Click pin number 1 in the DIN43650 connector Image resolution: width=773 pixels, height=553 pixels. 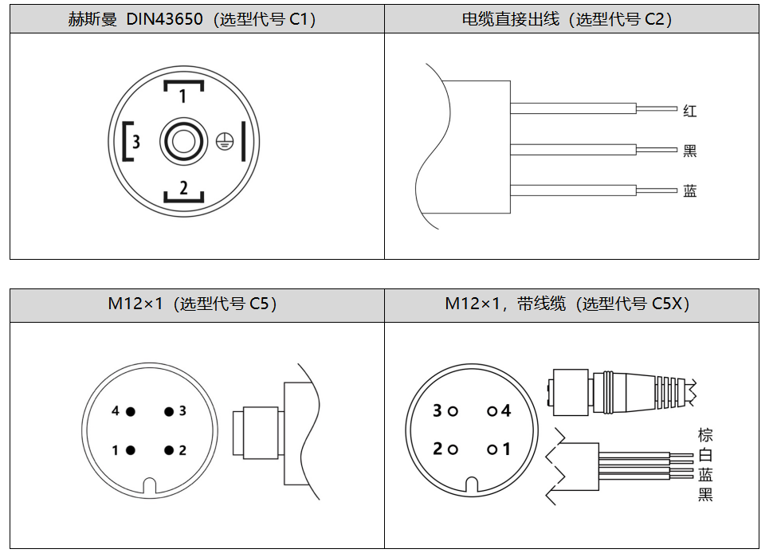pyautogui.click(x=182, y=96)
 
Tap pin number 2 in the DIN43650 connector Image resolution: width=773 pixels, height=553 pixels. pyautogui.click(x=183, y=188)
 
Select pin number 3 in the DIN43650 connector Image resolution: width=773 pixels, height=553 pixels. pyautogui.click(x=136, y=142)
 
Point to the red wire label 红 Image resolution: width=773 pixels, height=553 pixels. pyautogui.click(x=689, y=111)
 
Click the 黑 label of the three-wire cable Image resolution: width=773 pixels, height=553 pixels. pyautogui.click(x=689, y=151)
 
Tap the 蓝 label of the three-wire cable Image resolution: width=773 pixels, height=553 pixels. pyautogui.click(x=689, y=190)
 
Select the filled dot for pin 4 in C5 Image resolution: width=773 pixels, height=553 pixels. pyautogui.click(x=130, y=411)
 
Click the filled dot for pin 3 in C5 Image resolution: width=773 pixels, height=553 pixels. pyautogui.click(x=169, y=411)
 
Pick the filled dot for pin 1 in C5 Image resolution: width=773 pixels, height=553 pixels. pyautogui.click(x=130, y=450)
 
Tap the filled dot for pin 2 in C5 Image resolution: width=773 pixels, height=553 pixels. pyautogui.click(x=169, y=450)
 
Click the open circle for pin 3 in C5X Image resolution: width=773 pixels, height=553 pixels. pyautogui.click(x=453, y=411)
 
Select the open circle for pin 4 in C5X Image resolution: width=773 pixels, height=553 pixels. pyautogui.click(x=492, y=411)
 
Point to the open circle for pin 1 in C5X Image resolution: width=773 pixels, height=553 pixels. pyautogui.click(x=492, y=449)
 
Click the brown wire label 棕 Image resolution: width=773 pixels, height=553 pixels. pyautogui.click(x=704, y=435)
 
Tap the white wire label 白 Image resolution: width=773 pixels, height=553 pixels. pyautogui.click(x=704, y=455)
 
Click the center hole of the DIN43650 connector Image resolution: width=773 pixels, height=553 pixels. pyautogui.click(x=182, y=142)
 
